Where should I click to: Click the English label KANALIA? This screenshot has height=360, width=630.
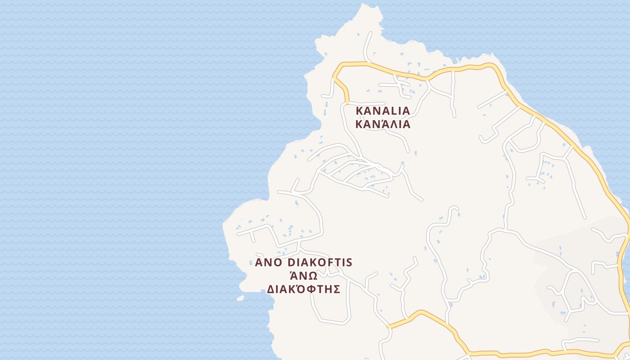point(383,111)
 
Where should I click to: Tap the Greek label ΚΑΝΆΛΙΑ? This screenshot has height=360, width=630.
point(383,124)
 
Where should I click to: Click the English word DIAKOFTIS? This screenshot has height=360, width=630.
point(319,262)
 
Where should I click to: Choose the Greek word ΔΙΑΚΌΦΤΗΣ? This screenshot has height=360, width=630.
point(303,289)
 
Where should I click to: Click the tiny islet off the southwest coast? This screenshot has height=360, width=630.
point(240,298)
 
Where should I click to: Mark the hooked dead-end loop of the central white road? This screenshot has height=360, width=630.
point(454,208)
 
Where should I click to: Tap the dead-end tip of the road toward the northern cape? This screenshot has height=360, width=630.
point(370,32)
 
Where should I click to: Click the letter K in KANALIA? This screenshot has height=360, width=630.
point(360,111)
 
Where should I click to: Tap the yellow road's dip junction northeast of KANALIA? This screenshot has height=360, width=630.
point(427,79)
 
